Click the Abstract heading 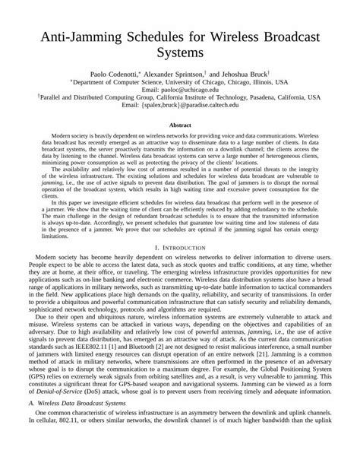point(180,125)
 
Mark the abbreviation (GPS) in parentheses point(29,401)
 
